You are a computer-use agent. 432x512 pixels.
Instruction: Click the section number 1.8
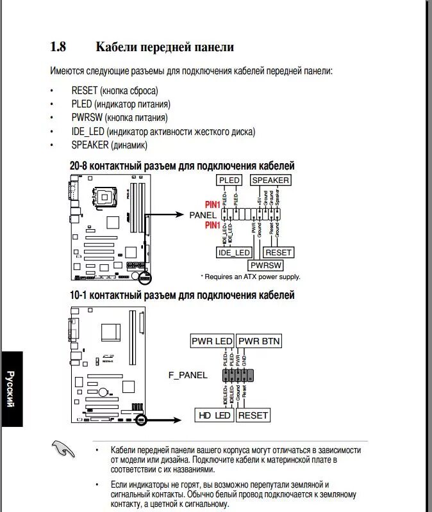[58, 47]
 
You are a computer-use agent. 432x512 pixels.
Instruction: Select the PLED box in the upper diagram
[229, 180]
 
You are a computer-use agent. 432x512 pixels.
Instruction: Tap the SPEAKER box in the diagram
[270, 180]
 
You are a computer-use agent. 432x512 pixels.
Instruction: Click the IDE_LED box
[234, 253]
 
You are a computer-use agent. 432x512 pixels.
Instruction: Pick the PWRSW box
[266, 264]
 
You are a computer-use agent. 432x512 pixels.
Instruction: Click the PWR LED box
[212, 341]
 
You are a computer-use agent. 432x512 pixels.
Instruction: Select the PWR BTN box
[259, 341]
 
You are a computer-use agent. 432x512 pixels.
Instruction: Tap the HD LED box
[214, 415]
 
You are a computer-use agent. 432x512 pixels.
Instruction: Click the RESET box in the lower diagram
[253, 415]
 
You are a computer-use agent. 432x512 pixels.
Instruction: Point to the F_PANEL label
[188, 375]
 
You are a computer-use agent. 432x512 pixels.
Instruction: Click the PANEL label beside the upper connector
[203, 215]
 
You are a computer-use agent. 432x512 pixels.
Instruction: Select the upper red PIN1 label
[212, 205]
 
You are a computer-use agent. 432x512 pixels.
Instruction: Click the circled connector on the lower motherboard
[142, 420]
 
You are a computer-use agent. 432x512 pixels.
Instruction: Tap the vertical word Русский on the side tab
[11, 388]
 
